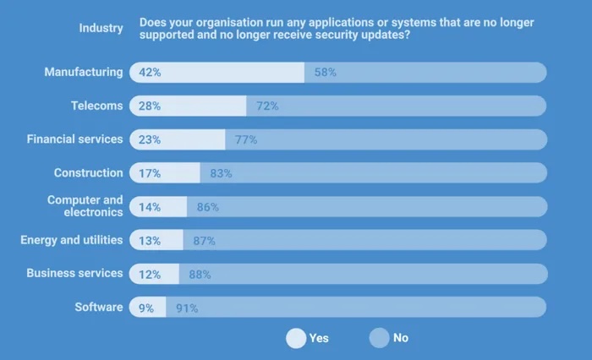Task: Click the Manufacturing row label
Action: click(84, 73)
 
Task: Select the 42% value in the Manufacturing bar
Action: click(150, 73)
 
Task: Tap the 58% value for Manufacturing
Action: click(325, 73)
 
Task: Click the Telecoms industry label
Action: click(97, 106)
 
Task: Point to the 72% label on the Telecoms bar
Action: click(267, 106)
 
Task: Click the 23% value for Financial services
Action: click(150, 139)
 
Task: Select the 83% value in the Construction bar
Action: click(221, 173)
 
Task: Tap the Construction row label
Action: click(89, 173)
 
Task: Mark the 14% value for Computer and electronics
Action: click(150, 207)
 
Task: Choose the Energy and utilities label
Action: click(72, 240)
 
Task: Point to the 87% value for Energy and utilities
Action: click(204, 241)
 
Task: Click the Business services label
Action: click(74, 274)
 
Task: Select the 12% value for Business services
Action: click(150, 275)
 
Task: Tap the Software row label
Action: click(99, 308)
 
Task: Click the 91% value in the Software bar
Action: click(187, 308)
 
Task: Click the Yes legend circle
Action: click(296, 338)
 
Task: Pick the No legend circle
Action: click(380, 338)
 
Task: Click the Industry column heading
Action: click(101, 28)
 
